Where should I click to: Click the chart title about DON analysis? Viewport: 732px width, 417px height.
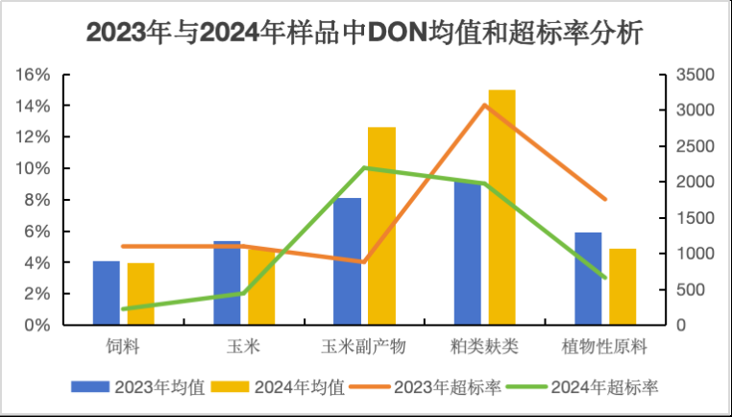(x=365, y=32)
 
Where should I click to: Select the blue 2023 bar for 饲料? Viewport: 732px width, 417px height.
(x=106, y=292)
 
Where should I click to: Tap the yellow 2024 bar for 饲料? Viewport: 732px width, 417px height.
(x=140, y=293)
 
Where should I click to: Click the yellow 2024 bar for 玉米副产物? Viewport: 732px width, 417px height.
(x=381, y=226)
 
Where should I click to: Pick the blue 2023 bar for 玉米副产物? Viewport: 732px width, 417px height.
(x=347, y=261)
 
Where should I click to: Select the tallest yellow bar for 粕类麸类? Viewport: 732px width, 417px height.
(x=501, y=207)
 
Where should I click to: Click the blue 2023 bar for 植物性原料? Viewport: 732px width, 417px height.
(x=588, y=279)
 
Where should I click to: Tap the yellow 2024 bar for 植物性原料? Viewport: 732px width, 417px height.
(x=622, y=286)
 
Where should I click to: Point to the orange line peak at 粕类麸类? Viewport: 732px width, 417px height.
(x=485, y=104)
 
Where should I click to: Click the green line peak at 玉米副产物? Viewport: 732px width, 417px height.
(x=364, y=168)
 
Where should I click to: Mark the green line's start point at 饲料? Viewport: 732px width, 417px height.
(x=124, y=309)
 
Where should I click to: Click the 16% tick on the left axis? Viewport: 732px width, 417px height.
(x=35, y=75)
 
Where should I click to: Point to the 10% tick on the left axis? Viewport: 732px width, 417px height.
(x=35, y=169)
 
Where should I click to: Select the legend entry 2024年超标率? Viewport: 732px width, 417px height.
(x=593, y=387)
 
